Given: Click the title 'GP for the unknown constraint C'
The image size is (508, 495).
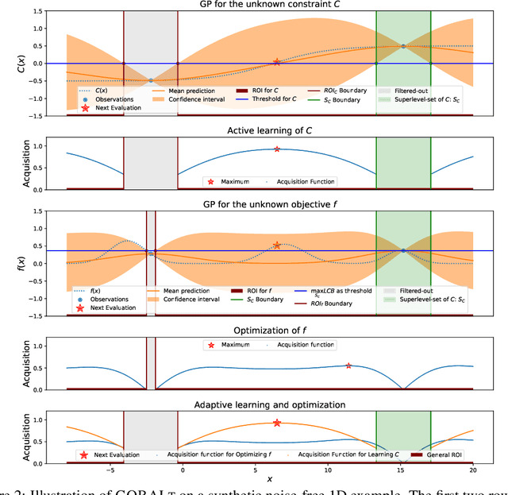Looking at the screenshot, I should (270, 5).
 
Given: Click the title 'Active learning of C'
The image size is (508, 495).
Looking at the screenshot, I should (270, 130).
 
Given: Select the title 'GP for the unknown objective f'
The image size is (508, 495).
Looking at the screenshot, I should (270, 205).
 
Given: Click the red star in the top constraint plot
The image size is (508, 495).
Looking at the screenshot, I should (277, 62).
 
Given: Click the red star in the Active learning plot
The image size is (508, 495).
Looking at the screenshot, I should (277, 149).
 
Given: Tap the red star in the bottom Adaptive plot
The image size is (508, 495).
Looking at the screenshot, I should (277, 423).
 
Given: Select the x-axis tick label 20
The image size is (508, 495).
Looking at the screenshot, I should (473, 470).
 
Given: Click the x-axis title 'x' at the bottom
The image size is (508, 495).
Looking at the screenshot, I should (270, 479).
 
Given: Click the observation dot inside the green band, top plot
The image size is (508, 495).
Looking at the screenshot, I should (403, 46).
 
